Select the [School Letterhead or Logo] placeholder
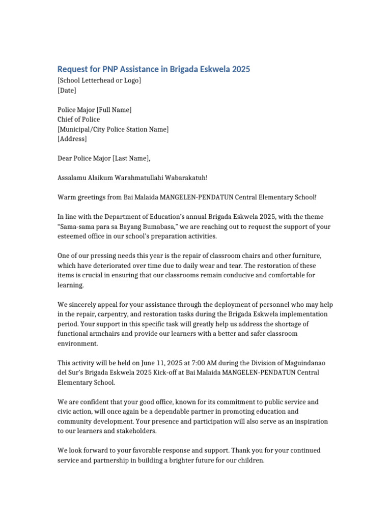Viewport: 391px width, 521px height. [99, 80]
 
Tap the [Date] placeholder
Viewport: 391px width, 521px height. [67, 90]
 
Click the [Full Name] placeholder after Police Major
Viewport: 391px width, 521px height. [114, 110]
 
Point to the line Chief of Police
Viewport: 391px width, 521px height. [78, 120]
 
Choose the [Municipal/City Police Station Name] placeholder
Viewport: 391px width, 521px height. [113, 129]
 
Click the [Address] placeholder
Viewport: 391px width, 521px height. [72, 139]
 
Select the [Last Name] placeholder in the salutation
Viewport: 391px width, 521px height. [131, 158]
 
